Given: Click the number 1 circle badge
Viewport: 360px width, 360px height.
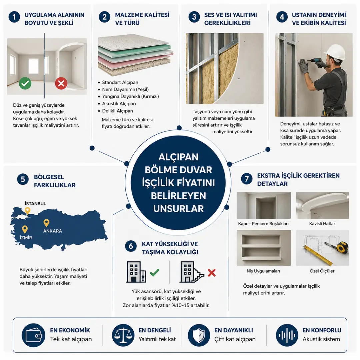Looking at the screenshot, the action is pyautogui.click(x=14, y=17).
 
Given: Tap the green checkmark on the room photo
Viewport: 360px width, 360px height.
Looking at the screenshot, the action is pyautogui.click(x=25, y=83).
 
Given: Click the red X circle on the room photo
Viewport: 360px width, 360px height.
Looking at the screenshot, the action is pyautogui.click(x=61, y=83).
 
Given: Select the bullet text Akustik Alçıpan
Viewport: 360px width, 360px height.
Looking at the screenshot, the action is pyautogui.click(x=119, y=104).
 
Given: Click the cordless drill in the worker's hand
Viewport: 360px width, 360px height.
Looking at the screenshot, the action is pyautogui.click(x=317, y=62).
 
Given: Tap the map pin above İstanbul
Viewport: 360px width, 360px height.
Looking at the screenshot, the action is pyautogui.click(x=28, y=211).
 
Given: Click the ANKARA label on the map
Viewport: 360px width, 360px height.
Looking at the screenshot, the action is pyautogui.click(x=53, y=231).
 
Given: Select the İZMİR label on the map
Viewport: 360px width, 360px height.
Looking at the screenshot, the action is pyautogui.click(x=26, y=238).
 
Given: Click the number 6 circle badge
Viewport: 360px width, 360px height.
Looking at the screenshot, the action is pyautogui.click(x=131, y=246).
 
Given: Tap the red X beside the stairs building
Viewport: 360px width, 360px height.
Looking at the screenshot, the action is pyautogui.click(x=211, y=273).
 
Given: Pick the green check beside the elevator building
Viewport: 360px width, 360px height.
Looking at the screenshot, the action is pyautogui.click(x=154, y=273).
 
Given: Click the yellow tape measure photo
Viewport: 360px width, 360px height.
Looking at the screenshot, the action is pyautogui.click(x=322, y=248).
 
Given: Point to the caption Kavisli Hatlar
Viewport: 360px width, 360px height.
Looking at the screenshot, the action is pyautogui.click(x=322, y=224).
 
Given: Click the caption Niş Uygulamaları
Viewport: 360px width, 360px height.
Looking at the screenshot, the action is pyautogui.click(x=263, y=271).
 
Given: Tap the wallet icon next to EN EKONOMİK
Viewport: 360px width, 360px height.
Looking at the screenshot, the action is pyautogui.click(x=34, y=335).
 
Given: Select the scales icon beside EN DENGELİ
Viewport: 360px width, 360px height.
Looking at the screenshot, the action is pyautogui.click(x=123, y=335).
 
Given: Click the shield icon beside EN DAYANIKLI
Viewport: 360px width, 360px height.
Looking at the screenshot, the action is pyautogui.click(x=199, y=335).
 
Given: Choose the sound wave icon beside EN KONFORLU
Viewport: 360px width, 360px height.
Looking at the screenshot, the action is pyautogui.click(x=287, y=335).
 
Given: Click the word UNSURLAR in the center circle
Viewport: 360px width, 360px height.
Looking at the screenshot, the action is pyautogui.click(x=178, y=209).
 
